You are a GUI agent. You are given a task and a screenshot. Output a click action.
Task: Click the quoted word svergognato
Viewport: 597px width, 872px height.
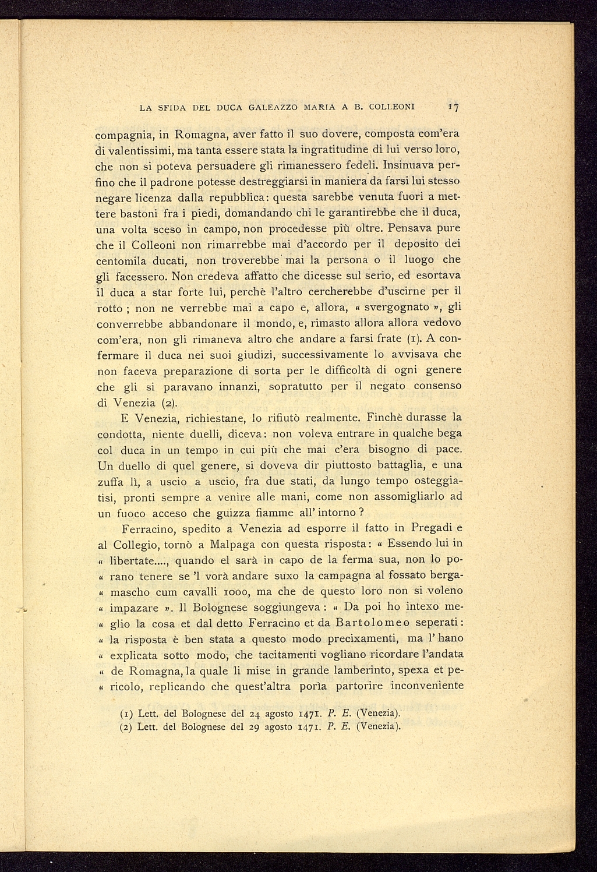click(x=397, y=307)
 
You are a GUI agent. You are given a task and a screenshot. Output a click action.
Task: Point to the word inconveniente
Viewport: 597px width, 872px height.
click(x=426, y=686)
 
